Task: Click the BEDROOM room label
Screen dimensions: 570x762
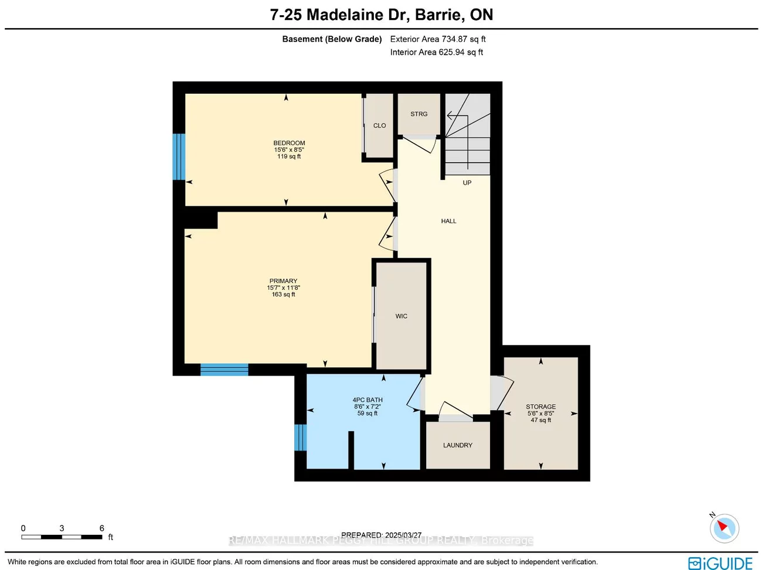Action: (289, 143)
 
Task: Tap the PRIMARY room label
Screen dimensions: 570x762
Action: (283, 281)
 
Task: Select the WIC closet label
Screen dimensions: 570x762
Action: (401, 316)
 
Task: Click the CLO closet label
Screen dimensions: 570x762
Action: (379, 126)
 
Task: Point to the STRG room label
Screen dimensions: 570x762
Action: (419, 114)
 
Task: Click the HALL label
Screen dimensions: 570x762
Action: (448, 221)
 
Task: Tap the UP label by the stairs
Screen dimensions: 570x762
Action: (467, 183)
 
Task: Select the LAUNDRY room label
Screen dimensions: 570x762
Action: (457, 445)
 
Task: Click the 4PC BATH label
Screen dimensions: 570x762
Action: (368, 400)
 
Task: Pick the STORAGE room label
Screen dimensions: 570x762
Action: (540, 407)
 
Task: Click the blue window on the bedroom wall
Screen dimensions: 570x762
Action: (179, 156)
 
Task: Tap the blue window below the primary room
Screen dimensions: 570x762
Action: (224, 370)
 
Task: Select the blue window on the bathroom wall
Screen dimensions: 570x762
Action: (300, 438)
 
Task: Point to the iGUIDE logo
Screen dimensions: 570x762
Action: (720, 563)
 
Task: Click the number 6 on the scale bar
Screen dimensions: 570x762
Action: (101, 528)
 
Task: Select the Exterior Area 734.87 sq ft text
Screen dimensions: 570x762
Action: (438, 39)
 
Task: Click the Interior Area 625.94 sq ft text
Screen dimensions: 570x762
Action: (437, 52)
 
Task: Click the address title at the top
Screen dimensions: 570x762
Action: (381, 15)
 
